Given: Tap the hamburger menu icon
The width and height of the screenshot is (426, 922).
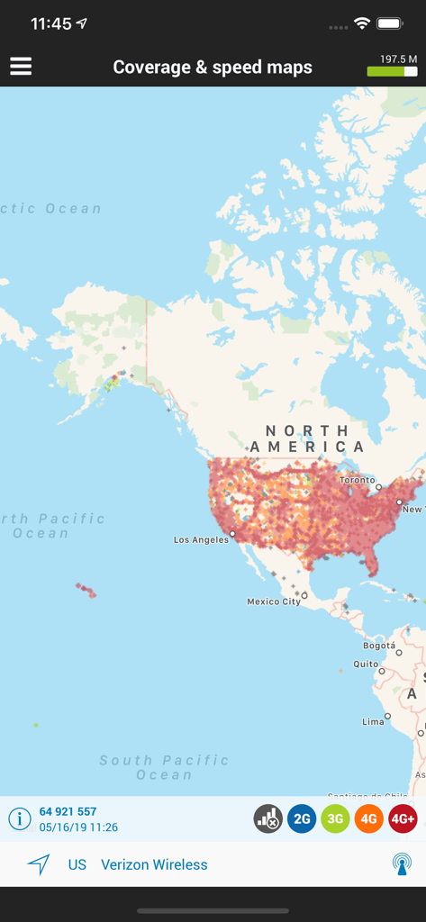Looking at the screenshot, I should (x=21, y=67).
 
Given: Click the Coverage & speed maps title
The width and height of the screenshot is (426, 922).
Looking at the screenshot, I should (x=213, y=68).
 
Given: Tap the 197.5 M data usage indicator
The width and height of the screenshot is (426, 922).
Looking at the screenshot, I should (x=393, y=65).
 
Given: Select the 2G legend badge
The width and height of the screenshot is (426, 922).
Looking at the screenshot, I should (x=302, y=818).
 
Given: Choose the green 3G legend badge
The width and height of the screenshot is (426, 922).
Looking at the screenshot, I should (x=335, y=818).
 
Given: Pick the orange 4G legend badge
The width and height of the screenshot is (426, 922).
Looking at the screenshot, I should (x=368, y=818).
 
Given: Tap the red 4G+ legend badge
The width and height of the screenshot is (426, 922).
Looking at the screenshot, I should (x=403, y=818).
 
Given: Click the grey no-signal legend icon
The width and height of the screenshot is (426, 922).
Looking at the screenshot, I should (x=267, y=818).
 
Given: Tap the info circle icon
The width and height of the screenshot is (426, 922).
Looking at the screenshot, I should (x=19, y=818).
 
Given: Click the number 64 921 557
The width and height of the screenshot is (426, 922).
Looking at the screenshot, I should (x=68, y=811).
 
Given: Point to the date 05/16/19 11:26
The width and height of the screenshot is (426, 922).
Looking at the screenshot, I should (x=78, y=827).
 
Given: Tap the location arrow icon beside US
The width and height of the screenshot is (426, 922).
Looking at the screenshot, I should (x=38, y=864).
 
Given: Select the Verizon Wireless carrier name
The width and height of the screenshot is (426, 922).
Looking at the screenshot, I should (x=154, y=864).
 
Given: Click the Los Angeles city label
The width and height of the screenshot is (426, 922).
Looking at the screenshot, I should (x=200, y=540).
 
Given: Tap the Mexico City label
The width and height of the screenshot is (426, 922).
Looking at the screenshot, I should (x=274, y=601).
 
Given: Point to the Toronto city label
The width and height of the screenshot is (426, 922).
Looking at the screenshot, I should (x=357, y=481).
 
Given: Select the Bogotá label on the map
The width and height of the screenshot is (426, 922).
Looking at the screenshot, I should (x=379, y=646).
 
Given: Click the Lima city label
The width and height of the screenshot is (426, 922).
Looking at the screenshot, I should (x=373, y=721).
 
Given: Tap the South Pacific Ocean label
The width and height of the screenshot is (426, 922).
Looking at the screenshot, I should (x=164, y=767).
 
